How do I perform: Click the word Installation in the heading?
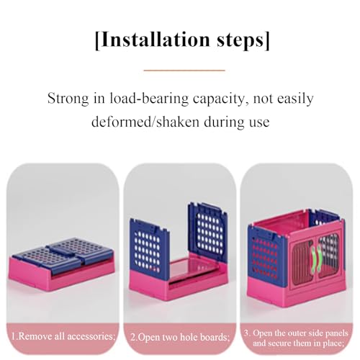tap(156, 40)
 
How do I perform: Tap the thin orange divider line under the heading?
tap(184, 71)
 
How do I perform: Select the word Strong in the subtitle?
tap(68, 99)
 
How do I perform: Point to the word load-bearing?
tap(149, 99)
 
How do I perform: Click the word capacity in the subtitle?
tap(221, 99)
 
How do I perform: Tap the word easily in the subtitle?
tap(295, 99)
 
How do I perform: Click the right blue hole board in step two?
tap(208, 230)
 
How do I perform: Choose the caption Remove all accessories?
tap(63, 336)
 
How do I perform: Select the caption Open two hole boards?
tap(180, 337)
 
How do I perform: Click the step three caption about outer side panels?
tap(296, 338)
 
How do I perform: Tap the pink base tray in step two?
tap(178, 282)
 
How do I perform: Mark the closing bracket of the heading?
tap(267, 40)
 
